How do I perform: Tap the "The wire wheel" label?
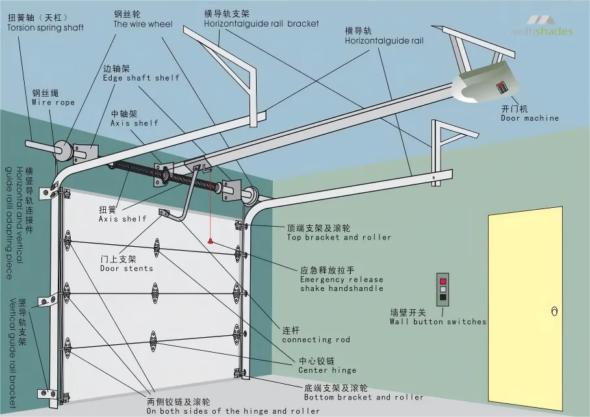coord(143,24)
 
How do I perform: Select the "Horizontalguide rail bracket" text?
coord(261,23)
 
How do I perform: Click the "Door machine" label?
coord(530,118)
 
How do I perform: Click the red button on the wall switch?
coord(443,281)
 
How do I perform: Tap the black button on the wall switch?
coord(443,297)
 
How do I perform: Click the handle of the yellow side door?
coord(554,312)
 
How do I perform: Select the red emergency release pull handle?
coord(210,241)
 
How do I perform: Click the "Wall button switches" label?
coord(437,322)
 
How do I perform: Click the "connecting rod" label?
coord(316,339)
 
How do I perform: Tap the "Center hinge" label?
coord(327,370)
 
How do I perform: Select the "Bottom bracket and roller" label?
coord(363,397)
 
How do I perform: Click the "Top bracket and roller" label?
coord(339,237)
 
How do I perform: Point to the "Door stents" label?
coord(127,268)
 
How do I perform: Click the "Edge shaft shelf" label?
coord(141,78)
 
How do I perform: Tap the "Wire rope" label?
coord(53,102)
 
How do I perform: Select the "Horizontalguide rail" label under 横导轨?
coord(383,40)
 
